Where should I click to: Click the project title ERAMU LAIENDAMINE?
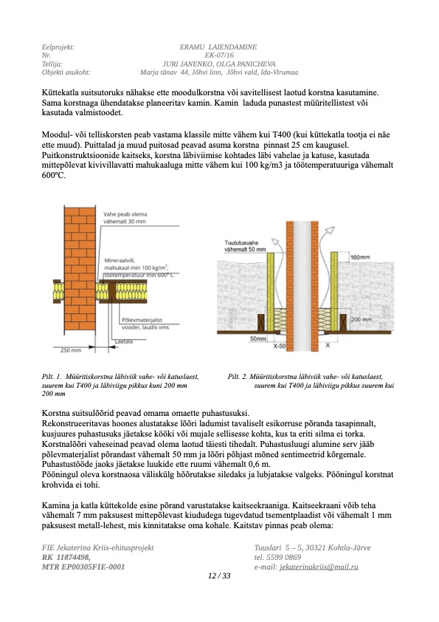pyautogui.click(x=218, y=47)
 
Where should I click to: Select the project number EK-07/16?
pyautogui.click(x=219, y=55)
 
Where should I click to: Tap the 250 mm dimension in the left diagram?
pyautogui.click(x=71, y=350)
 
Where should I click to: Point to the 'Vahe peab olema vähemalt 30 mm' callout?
pyautogui.click(x=125, y=218)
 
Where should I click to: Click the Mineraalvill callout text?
pyautogui.click(x=139, y=267)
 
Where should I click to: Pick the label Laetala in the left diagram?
pyautogui.click(x=124, y=341)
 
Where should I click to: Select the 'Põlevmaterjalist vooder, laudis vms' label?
pyautogui.click(x=145, y=324)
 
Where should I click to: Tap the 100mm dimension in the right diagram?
pyautogui.click(x=360, y=258)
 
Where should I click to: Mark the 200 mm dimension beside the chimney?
pyautogui.click(x=362, y=319)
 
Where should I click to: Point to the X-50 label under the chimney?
pyautogui.click(x=280, y=346)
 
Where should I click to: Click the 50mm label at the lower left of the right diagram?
pyautogui.click(x=258, y=339)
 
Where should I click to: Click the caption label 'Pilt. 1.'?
pyautogui.click(x=52, y=377)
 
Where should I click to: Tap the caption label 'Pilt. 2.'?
pyautogui.click(x=238, y=377)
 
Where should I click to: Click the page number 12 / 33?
pyautogui.click(x=219, y=575)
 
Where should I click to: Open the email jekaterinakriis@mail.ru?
pyautogui.click(x=319, y=567)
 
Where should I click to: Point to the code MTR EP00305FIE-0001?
pyautogui.click(x=83, y=567)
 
